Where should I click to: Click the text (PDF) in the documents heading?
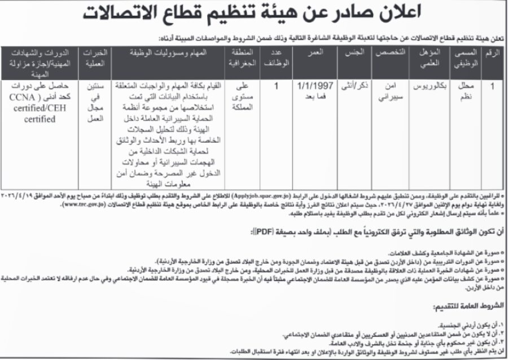pyautogui.click(x=262, y=231)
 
